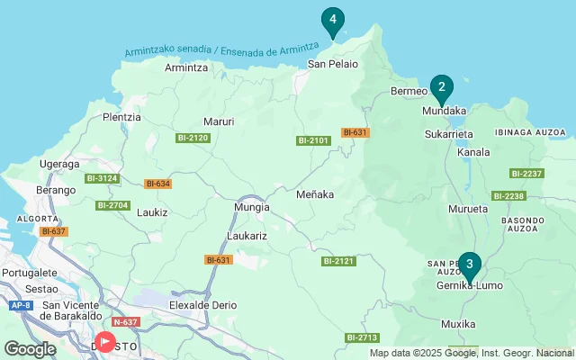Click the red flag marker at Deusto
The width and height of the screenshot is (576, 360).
coord(105,342)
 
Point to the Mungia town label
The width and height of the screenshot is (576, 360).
coord(251,207)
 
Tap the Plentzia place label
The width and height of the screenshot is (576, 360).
coord(122,117)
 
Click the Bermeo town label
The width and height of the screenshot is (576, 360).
coord(409,92)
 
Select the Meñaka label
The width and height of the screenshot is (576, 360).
coord(315,193)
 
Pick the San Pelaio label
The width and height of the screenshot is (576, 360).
coord(333,64)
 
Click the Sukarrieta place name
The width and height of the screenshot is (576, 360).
coord(448,134)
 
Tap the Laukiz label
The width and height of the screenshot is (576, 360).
coord(152,213)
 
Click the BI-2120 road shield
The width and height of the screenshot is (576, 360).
coord(193,138)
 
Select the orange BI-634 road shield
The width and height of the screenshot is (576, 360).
coord(157,184)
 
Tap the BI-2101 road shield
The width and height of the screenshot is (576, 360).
coord(314,140)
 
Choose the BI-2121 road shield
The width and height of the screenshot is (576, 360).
coord(338,261)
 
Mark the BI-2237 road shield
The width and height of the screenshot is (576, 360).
coord(526,174)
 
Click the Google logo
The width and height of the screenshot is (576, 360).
coord(30,349)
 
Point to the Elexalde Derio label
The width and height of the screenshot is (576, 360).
coord(202,305)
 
